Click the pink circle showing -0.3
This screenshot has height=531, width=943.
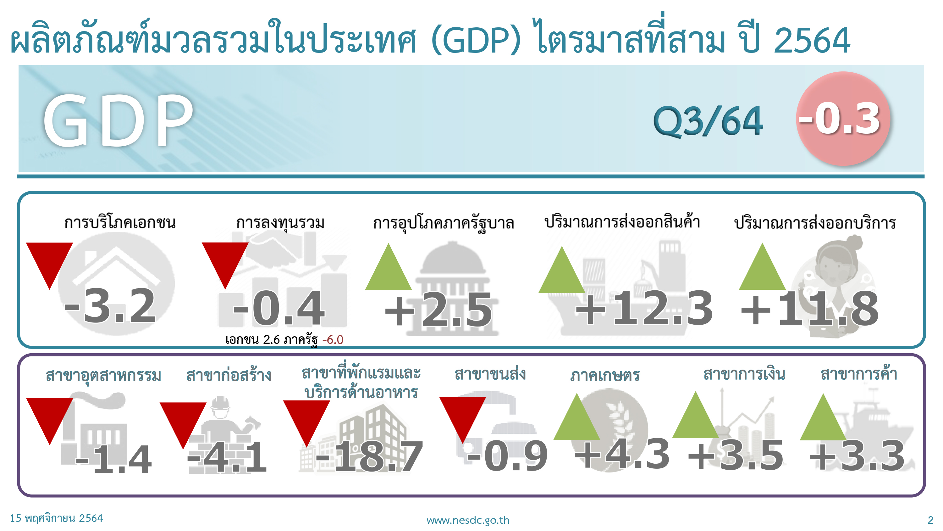pos(843,118)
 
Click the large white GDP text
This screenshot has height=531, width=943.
pos(118,120)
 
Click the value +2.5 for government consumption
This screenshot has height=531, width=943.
pos(438,310)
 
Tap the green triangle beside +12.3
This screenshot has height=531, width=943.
pos(561,270)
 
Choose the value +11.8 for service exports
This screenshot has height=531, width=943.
pos(809,309)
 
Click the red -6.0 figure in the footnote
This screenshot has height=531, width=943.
pos(333,340)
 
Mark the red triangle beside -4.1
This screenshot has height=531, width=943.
pos(183,425)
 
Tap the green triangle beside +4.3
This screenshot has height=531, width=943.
pos(576,417)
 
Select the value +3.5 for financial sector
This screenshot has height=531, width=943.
pos(736,455)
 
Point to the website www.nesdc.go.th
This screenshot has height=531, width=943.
pos(468,520)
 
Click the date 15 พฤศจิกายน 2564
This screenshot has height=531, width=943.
pos(56,518)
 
